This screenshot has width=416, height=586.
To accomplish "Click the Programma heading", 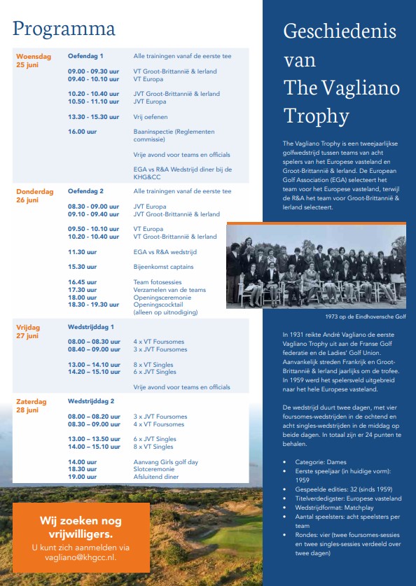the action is (64, 29).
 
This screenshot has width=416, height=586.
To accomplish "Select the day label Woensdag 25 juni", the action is (34, 60).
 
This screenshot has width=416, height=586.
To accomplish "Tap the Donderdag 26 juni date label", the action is (35, 195).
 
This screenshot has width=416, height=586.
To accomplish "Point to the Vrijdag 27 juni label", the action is (28, 331).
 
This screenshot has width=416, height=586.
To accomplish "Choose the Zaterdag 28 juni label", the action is (32, 405).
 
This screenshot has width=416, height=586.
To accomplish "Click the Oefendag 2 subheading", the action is (85, 191).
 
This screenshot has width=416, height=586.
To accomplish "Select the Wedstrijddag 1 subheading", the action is (91, 327).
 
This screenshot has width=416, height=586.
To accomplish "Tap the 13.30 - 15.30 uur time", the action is (93, 117).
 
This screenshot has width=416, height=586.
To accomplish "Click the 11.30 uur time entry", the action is (82, 252).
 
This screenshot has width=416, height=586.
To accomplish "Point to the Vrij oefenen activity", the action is (151, 117).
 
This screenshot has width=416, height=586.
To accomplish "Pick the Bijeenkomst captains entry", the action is (163, 267).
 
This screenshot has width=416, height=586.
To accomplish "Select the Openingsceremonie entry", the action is (162, 298).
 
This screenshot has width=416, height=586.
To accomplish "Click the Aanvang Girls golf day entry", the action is (165, 462).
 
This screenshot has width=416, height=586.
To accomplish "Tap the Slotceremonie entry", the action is (154, 469).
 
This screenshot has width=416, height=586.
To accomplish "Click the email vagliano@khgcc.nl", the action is (81, 557).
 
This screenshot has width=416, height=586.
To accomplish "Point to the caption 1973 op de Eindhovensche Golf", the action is (365, 316).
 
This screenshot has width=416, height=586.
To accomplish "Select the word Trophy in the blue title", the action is (317, 116).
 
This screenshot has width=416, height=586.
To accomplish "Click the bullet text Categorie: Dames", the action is (321, 462).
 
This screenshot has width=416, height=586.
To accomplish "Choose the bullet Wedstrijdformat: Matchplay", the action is (334, 508).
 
